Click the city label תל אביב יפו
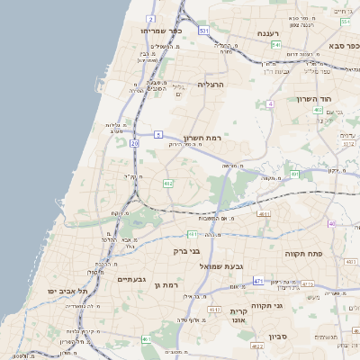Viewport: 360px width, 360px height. pyautogui.click(x=67, y=292)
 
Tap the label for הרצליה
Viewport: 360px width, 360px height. pyautogui.click(x=209, y=84)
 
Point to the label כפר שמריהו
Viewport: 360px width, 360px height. pyautogui.click(x=161, y=31)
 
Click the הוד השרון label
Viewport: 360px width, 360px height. pyautogui.click(x=314, y=99)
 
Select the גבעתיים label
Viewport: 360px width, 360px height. pyautogui.click(x=137, y=279)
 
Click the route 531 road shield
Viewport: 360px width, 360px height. pyautogui.click(x=204, y=31)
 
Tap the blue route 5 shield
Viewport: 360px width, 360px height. pyautogui.click(x=157, y=135)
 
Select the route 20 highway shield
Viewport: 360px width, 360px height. pyautogui.click(x=134, y=143)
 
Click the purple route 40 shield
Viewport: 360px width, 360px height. pyautogui.click(x=331, y=223)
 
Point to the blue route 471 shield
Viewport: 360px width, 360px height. pyautogui.click(x=258, y=281)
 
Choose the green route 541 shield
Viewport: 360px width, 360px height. pyautogui.click(x=276, y=45)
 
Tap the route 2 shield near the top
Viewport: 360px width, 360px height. pyautogui.click(x=150, y=18)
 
